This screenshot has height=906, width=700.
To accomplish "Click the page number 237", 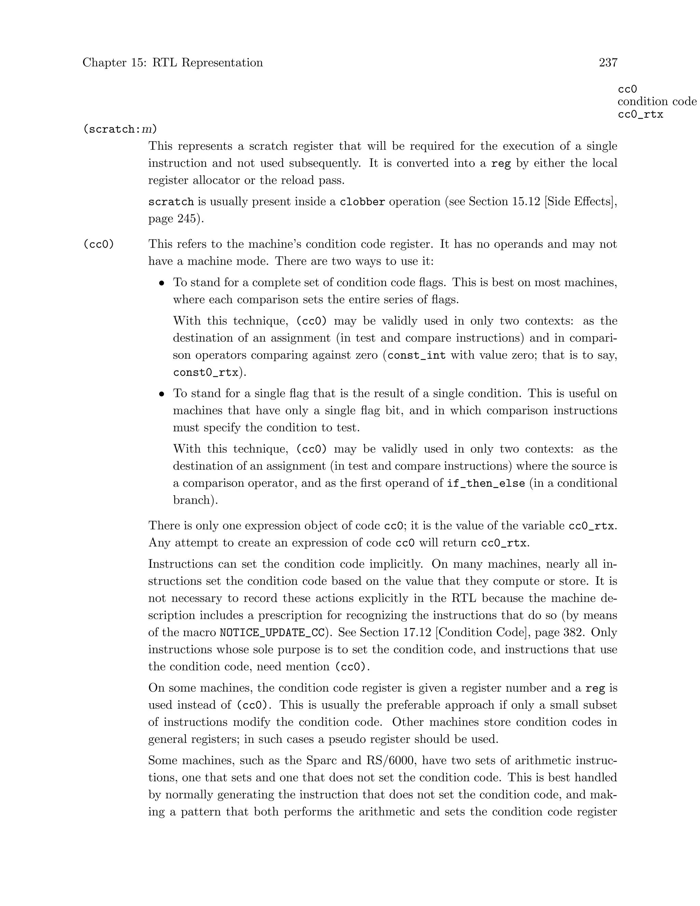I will [x=608, y=63].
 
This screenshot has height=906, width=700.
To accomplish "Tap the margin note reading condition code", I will [x=657, y=102].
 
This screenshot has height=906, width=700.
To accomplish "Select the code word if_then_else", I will [x=486, y=483].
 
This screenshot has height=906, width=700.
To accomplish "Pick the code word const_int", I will [x=416, y=356].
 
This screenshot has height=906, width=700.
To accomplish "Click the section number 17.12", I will [x=416, y=632].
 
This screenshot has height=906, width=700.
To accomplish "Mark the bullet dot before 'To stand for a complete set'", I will [x=162, y=283].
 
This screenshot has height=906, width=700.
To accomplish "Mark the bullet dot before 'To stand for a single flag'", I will [x=162, y=394].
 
